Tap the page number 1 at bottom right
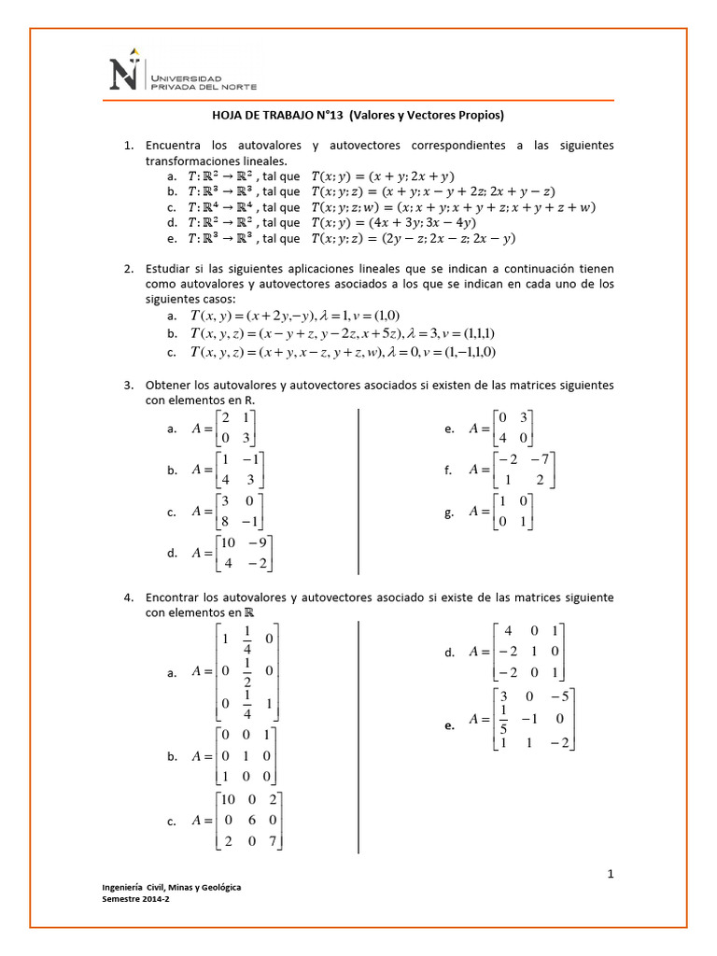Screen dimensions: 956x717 pos(610,874)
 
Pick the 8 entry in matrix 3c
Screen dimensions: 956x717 pos(227,521)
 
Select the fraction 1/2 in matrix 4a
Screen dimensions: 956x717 pos(247,670)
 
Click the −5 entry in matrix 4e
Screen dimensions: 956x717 pos(559,696)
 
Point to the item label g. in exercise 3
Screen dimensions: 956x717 pos(450,513)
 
